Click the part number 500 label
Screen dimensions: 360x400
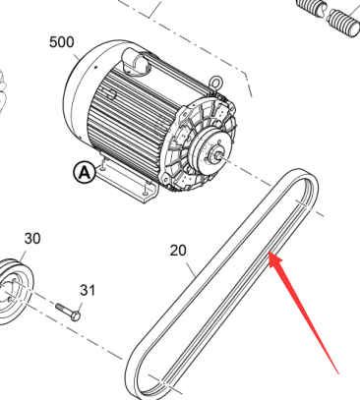pos(62,42)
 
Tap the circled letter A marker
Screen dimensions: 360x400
pos(85,172)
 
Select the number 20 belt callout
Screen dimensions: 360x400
pos(178,251)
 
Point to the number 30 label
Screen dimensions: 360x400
pos(32,239)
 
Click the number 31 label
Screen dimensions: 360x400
pos(88,290)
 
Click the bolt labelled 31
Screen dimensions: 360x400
pos(68,312)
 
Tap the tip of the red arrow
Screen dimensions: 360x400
pos(270,252)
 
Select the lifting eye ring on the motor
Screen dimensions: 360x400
pos(214,82)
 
